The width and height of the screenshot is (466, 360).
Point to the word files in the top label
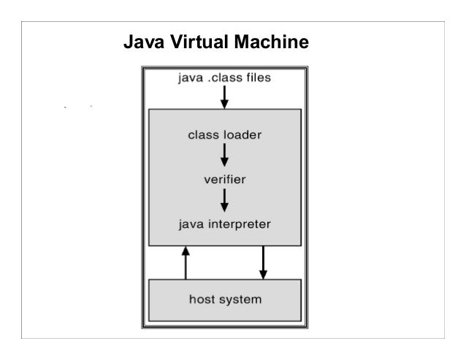[258, 77]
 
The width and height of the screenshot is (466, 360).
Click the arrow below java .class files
[225, 96]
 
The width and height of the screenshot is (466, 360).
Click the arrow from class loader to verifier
[225, 155]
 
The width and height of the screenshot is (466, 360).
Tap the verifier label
[225, 178]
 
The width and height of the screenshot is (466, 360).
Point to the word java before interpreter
[193, 222]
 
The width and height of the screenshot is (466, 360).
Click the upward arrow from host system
[186, 263]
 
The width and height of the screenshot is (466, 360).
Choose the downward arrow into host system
[264, 263]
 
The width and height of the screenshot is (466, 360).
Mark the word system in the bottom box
[241, 299]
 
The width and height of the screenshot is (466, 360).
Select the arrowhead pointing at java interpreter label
[225, 206]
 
